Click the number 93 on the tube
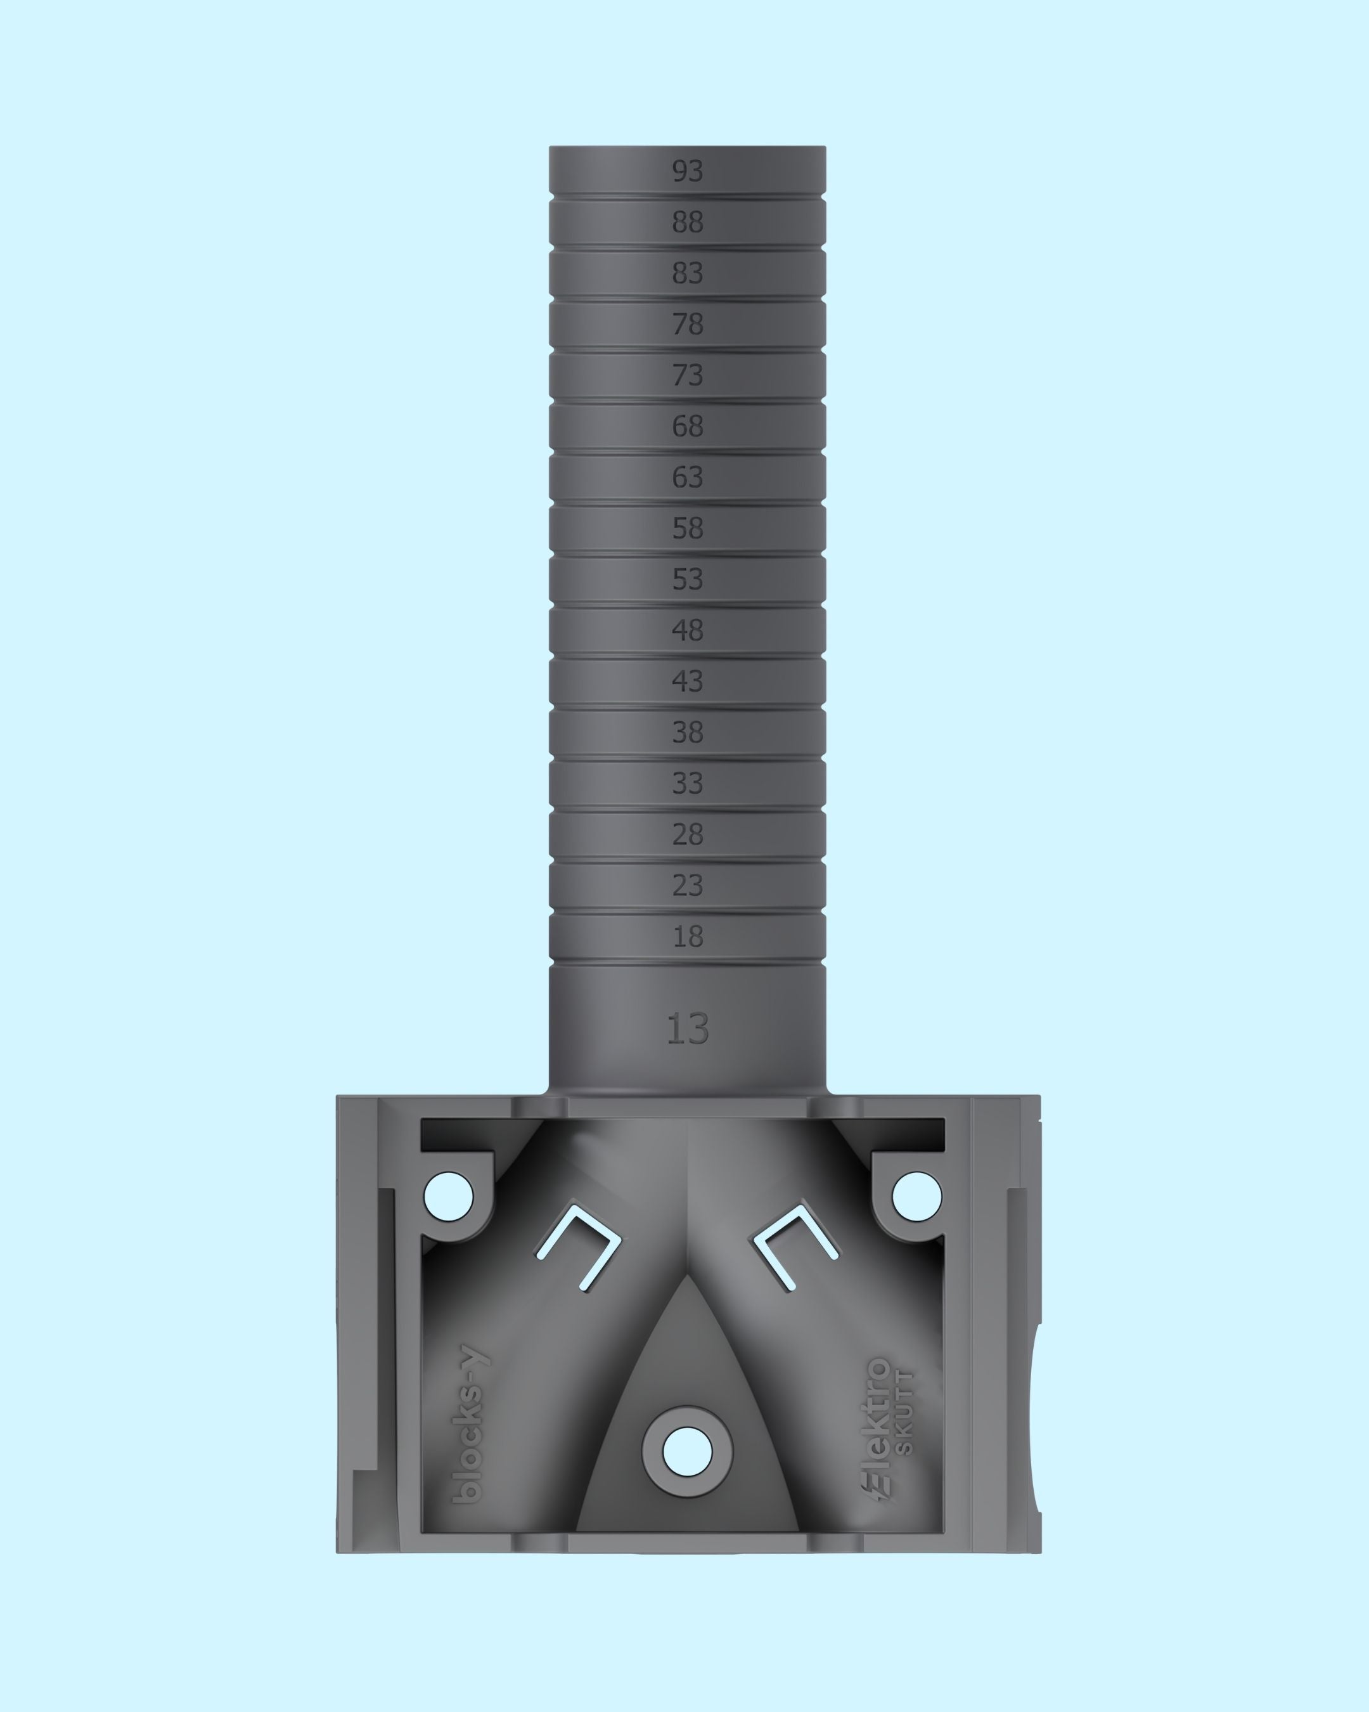687,171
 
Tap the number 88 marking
687,223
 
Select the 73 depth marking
687,375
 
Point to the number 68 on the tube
687,426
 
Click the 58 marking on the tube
687,528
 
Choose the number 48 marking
687,630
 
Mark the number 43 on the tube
687,681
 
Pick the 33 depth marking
687,784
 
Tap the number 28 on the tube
687,834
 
